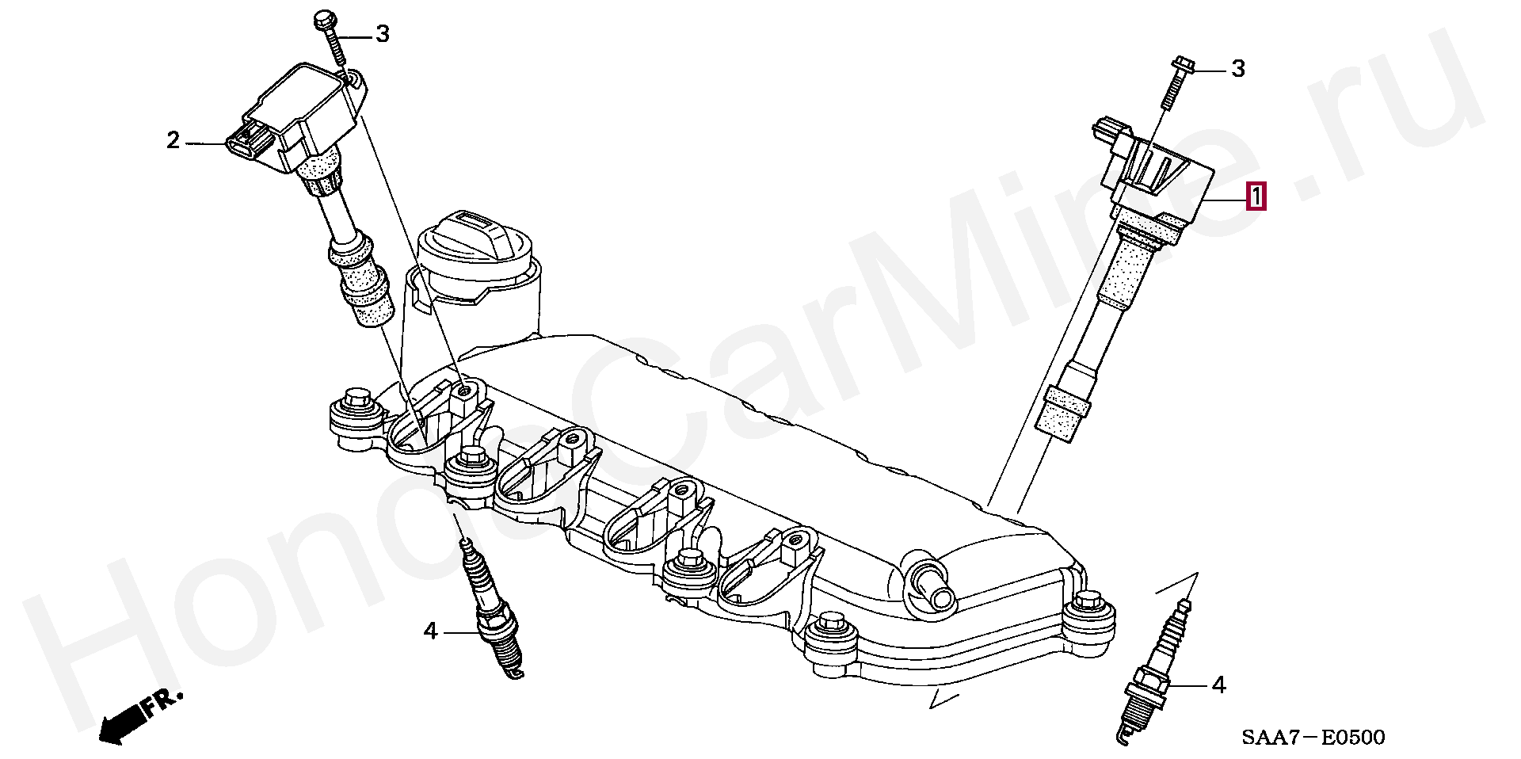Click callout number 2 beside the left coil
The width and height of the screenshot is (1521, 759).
tap(173, 140)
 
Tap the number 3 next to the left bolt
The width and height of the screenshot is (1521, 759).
tap(383, 33)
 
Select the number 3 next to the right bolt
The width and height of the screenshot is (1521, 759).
tap(1238, 69)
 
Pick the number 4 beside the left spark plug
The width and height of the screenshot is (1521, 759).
tap(430, 631)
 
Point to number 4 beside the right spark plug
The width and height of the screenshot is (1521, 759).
tap(1218, 685)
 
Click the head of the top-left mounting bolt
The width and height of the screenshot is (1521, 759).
tap(325, 20)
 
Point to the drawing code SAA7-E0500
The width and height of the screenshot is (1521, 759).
tap(1313, 738)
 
